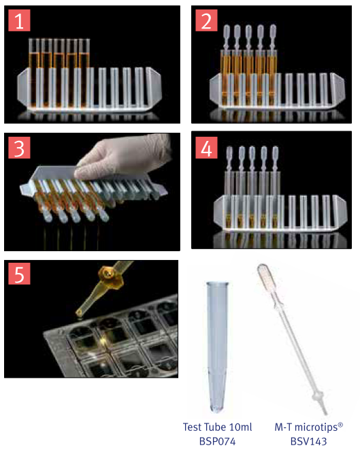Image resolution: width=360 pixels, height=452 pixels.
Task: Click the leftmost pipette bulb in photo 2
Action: tap(227, 33)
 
